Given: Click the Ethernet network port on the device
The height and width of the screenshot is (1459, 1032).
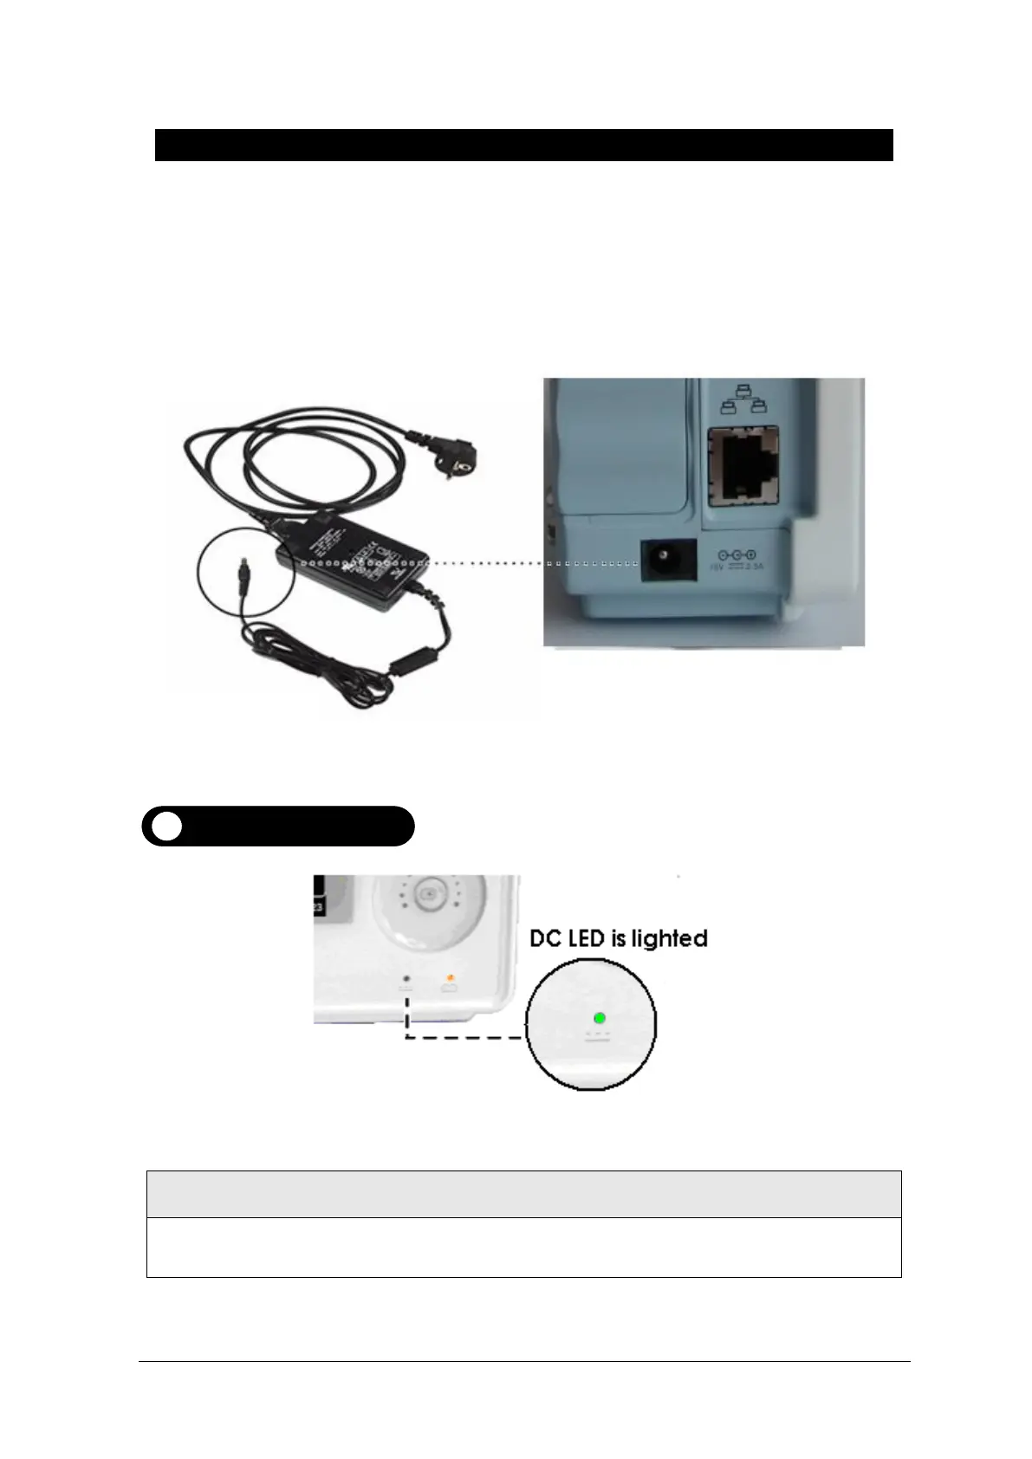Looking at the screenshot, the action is click(x=743, y=467).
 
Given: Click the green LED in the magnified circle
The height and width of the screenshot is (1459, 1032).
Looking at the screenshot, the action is click(x=599, y=1018).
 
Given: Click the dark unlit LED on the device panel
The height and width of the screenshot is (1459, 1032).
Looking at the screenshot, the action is click(x=406, y=979).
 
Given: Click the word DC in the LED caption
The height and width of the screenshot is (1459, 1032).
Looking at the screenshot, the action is click(x=547, y=939).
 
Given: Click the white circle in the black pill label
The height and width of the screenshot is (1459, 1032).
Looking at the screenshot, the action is click(x=166, y=826).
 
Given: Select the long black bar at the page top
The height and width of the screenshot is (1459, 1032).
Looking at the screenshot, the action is click(x=523, y=145).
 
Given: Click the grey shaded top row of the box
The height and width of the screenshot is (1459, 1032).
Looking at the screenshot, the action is click(x=523, y=1194).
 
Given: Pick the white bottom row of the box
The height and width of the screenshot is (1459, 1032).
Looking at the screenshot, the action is click(x=523, y=1248).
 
